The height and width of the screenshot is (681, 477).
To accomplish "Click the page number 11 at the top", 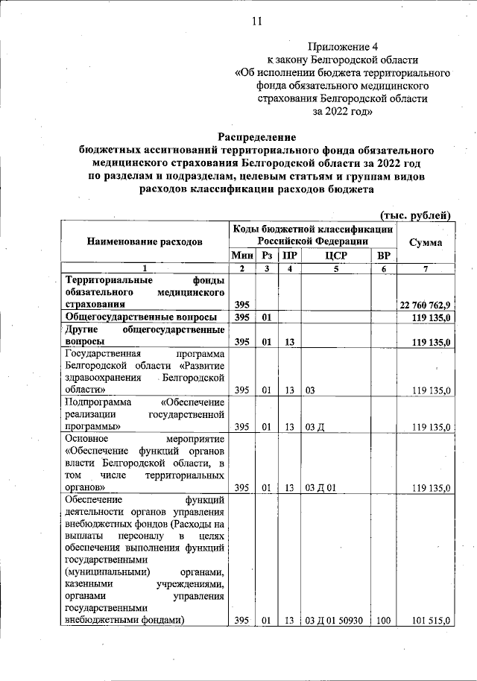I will [256, 21].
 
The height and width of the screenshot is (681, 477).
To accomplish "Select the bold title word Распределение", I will [256, 137].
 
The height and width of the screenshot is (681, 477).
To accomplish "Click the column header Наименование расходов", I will [145, 242].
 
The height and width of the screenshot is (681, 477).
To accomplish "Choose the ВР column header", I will [384, 255].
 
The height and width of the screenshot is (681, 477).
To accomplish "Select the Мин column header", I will [242, 255].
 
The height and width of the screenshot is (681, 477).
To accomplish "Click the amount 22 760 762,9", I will [426, 305].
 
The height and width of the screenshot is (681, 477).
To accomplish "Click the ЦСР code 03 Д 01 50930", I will [334, 620].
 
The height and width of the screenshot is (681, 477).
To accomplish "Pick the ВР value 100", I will [384, 620].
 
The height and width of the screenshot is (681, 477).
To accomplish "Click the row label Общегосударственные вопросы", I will [140, 317].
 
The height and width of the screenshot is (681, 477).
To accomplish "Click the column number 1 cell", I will [145, 268].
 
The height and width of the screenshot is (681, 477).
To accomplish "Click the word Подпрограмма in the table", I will [94, 400].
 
